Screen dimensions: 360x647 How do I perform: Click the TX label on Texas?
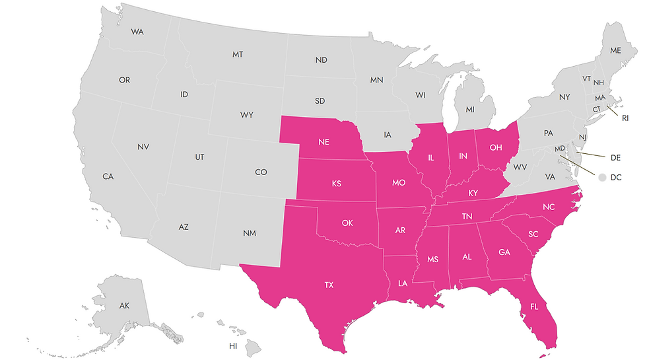[x=329, y=285]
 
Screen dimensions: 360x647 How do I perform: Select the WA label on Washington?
[x=137, y=32]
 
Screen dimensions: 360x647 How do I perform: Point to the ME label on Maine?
[x=615, y=50]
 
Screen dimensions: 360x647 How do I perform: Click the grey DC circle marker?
[x=601, y=177]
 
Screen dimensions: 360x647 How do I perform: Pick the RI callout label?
[x=625, y=118]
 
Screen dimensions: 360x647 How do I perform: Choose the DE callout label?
[x=615, y=158]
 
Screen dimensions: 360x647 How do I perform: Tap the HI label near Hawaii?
[x=233, y=345]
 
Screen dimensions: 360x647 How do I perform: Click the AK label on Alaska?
[x=124, y=306]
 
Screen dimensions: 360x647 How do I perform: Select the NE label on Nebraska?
[x=324, y=142]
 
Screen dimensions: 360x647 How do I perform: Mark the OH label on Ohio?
[x=496, y=146]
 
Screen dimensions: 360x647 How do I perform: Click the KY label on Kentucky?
[x=473, y=192]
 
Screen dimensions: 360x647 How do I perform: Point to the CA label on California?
[x=108, y=176]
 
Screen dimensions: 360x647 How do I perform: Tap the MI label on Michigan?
[x=470, y=108]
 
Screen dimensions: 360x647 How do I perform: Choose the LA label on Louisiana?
[x=403, y=283]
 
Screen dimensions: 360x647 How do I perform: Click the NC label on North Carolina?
[x=549, y=207]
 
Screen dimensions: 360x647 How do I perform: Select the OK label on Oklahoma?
[x=347, y=222]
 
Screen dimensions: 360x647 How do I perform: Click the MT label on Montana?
[x=238, y=54]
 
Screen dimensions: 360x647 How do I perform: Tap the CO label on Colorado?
[x=261, y=172]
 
